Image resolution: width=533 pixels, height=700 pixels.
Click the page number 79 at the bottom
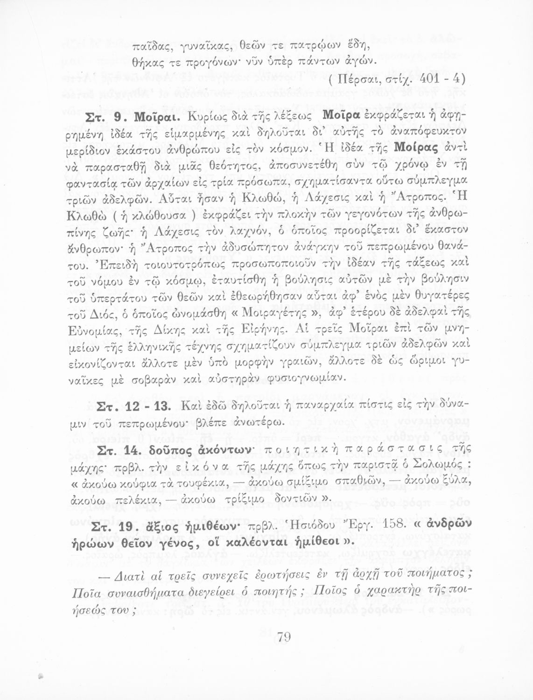[x=284, y=637]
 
